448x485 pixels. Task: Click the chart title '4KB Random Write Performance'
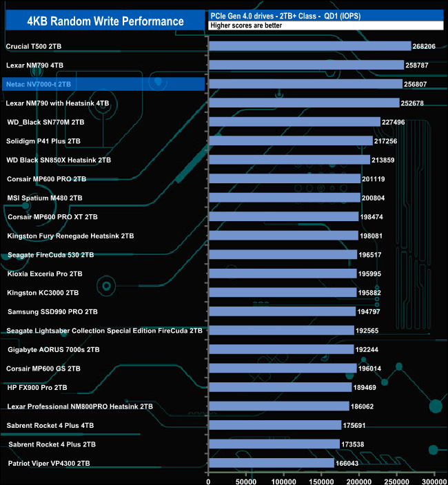pyautogui.click(x=105, y=21)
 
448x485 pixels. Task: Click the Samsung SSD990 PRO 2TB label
pyautogui.click(x=52, y=311)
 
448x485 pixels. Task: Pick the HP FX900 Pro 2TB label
pyautogui.click(x=37, y=387)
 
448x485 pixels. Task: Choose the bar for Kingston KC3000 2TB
pyautogui.click(x=282, y=293)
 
